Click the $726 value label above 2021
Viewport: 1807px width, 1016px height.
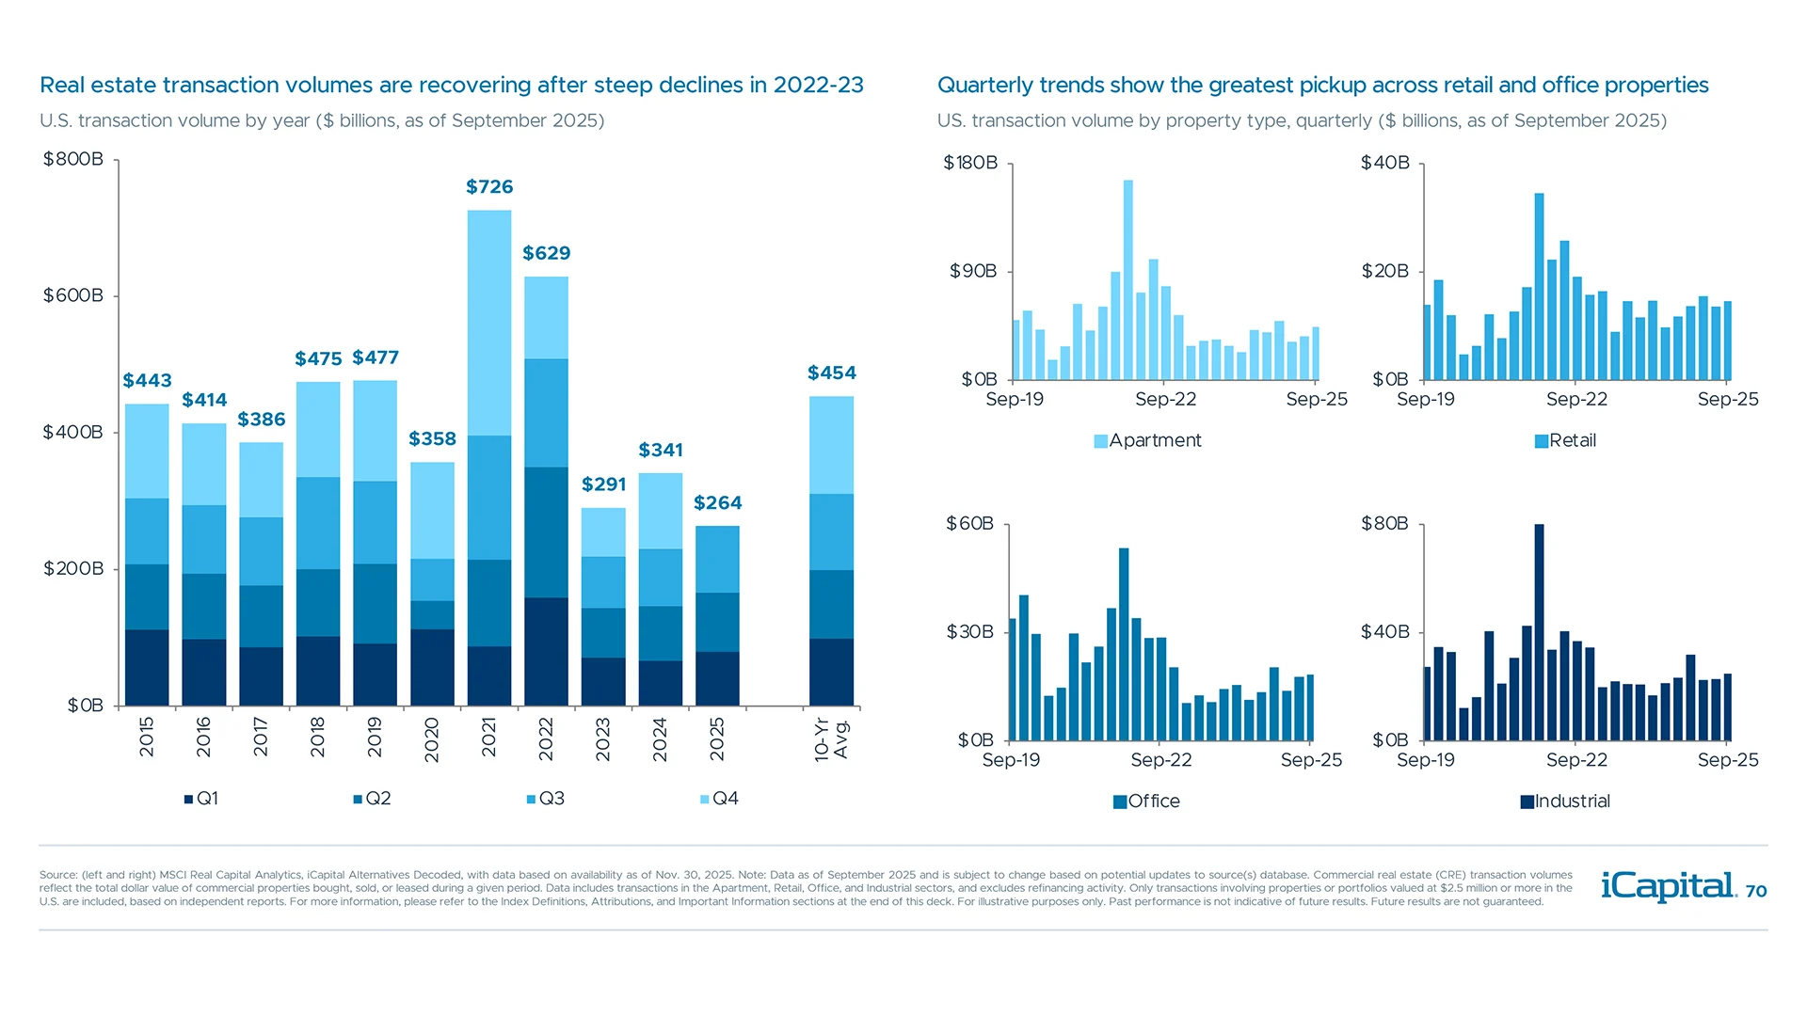489,186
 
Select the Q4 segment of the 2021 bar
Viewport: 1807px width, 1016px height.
489,322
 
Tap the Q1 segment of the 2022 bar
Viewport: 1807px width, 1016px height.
546,651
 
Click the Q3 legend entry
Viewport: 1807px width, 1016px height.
546,799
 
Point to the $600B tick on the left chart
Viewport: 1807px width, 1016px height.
73,295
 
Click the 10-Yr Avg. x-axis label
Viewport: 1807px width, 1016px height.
831,739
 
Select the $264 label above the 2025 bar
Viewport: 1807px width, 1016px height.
717,502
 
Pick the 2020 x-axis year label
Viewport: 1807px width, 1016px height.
432,739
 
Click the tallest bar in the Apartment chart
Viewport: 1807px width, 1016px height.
1127,279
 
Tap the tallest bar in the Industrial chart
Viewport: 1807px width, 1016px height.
1539,632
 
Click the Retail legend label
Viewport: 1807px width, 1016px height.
1572,440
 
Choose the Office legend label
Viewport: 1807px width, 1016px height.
1153,802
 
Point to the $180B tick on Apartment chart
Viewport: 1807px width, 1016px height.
970,163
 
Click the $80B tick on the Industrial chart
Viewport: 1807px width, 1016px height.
1384,523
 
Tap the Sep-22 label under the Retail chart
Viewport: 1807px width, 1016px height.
1576,399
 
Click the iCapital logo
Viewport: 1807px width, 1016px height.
1669,886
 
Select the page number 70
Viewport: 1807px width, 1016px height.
1756,892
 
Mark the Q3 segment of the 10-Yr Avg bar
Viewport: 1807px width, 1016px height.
831,532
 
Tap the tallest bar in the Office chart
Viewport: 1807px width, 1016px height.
1124,643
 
